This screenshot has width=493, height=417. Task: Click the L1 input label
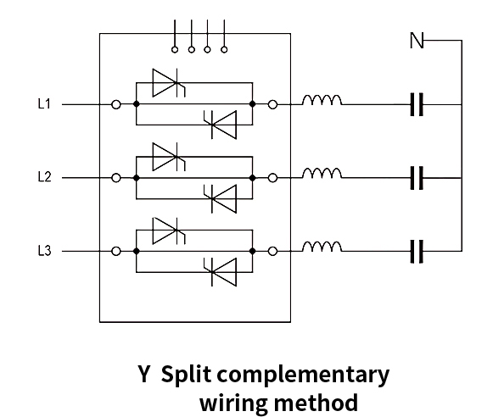click(x=44, y=104)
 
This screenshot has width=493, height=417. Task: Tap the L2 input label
click(x=44, y=177)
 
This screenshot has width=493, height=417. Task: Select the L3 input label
click(x=44, y=251)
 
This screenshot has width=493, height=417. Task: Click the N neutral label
click(x=417, y=40)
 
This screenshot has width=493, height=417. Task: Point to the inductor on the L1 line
click(x=322, y=100)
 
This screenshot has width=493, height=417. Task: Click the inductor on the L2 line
click(x=322, y=174)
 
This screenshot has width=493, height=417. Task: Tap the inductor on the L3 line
click(x=322, y=247)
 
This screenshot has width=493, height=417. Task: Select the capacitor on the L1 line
click(x=417, y=104)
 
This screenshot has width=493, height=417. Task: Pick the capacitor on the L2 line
click(x=417, y=178)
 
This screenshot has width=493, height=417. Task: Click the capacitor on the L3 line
click(x=417, y=252)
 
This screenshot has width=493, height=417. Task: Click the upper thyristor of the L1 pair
click(x=169, y=83)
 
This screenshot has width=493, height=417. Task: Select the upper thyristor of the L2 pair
click(x=169, y=157)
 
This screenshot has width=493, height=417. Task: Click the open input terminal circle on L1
click(x=116, y=104)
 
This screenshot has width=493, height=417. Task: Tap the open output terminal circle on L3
click(x=272, y=252)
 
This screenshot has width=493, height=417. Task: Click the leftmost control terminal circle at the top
click(x=175, y=50)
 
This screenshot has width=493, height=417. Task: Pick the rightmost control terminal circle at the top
click(x=224, y=50)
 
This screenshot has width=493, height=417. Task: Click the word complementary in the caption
click(x=303, y=375)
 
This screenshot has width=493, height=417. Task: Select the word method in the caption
click(x=316, y=403)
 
